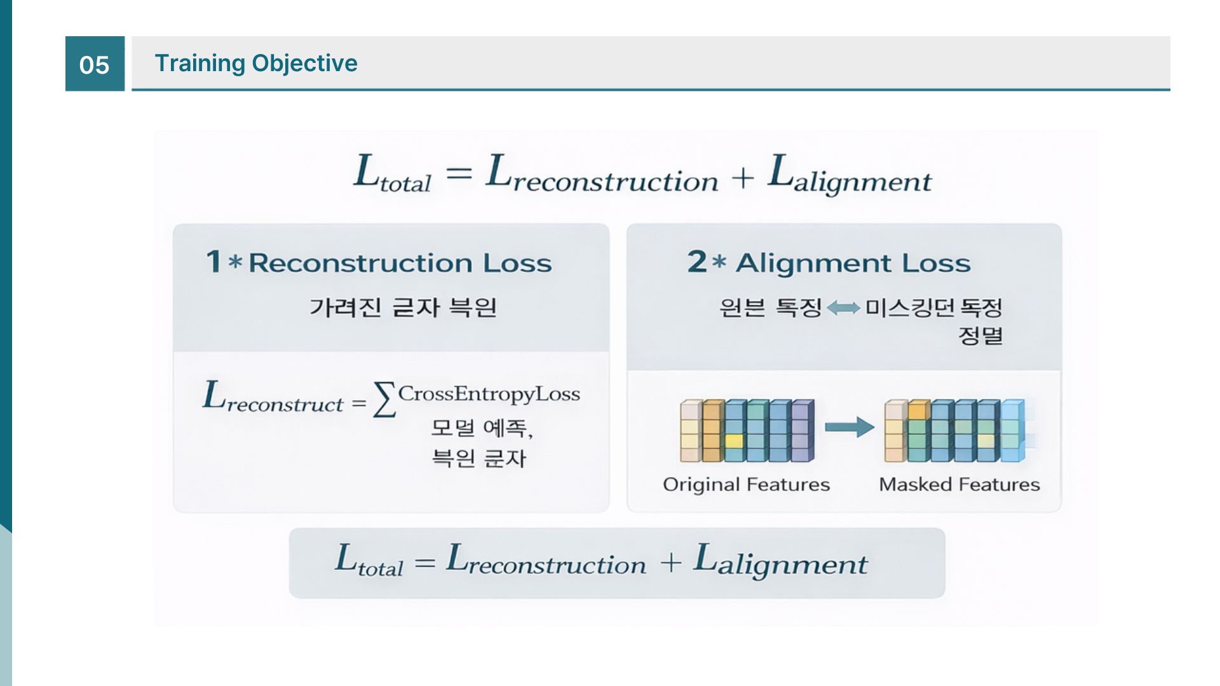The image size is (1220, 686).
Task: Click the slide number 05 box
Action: [x=95, y=64]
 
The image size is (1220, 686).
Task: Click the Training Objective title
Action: [x=256, y=63]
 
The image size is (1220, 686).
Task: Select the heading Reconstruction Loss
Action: [x=400, y=263]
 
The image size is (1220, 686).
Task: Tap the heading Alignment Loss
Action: [x=853, y=263]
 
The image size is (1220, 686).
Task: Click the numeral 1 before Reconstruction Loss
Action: [x=213, y=261]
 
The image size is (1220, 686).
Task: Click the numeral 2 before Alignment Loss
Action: [x=696, y=261]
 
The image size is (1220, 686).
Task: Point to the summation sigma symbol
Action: [x=384, y=400]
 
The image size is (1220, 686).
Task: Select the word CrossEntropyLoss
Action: [x=489, y=394]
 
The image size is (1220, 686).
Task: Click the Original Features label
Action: [x=746, y=485]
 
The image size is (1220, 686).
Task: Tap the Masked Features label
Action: [x=959, y=485]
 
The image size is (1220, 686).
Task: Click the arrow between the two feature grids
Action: [x=850, y=427]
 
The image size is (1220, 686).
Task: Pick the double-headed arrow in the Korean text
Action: [x=843, y=309]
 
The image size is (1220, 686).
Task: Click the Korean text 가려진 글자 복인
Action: [x=403, y=307]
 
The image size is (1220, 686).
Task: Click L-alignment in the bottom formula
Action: [x=780, y=561]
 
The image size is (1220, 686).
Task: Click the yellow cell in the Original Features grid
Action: [x=734, y=441]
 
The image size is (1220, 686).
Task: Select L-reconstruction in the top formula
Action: [x=601, y=174]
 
